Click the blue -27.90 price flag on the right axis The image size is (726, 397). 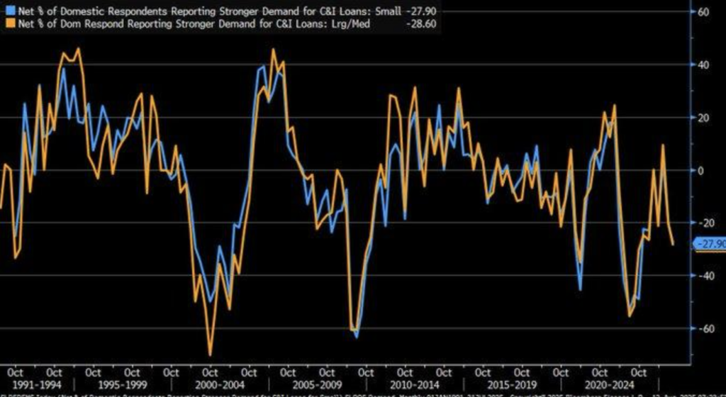tap(710, 244)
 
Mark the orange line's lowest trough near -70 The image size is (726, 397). tap(210, 354)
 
